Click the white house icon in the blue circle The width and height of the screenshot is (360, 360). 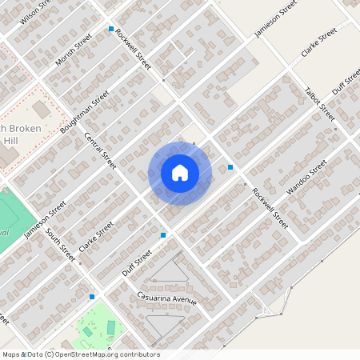pos(180,173)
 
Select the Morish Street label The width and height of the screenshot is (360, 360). pos(74,50)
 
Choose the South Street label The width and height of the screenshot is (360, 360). pos(60,245)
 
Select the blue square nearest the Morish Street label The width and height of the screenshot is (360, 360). pos(111,30)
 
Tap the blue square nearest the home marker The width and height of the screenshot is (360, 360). pos(230,167)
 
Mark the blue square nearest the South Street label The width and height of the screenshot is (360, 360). pos(92,297)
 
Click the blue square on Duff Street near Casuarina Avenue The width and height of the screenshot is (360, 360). pos(163,235)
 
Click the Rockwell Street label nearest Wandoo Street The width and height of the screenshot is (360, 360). pos(270,208)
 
